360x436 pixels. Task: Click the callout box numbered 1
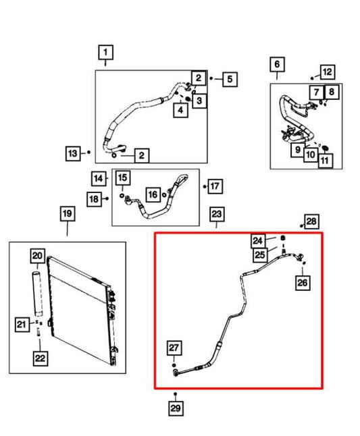coord(106,52)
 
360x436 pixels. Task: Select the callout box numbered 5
coord(230,79)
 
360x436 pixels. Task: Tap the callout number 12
coord(327,72)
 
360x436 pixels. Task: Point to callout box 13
coord(73,153)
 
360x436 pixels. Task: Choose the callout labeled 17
coord(215,186)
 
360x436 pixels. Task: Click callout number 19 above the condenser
coord(68,213)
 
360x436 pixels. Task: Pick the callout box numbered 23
coord(217,214)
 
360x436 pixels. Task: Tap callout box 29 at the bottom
coord(176,408)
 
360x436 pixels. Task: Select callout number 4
coord(180,110)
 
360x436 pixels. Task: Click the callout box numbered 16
coord(153,194)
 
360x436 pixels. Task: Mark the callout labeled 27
coord(174,348)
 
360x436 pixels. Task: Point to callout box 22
coord(40,358)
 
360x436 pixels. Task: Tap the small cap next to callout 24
coord(282,238)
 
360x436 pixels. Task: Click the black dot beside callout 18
coord(107,198)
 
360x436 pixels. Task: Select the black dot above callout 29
coord(175,394)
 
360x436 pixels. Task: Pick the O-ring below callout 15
coord(122,196)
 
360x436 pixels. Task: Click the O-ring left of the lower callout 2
coord(114,155)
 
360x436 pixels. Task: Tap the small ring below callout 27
coord(174,365)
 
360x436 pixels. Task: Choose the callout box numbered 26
coord(303,283)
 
